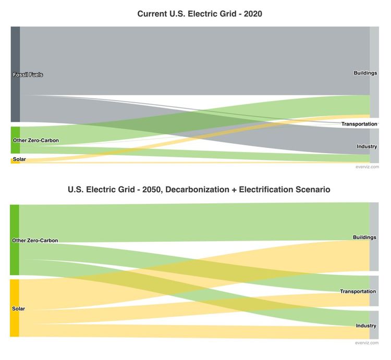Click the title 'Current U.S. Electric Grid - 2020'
pos(200,14)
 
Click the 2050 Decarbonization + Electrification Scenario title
pos(199,190)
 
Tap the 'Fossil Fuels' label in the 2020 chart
pos(28,75)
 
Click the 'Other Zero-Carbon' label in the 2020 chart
pos(35,141)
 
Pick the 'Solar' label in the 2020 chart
pos(19,159)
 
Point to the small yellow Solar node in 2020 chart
pos(15,160)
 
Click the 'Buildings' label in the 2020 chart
pos(365,73)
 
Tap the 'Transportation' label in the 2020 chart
pos(359,124)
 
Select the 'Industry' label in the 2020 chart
pos(366,146)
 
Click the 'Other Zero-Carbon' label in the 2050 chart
pos(34,241)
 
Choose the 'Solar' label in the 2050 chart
pos(18,309)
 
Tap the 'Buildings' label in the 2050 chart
pos(364,238)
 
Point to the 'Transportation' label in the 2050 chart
pos(358,291)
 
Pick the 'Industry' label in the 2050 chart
pos(366,326)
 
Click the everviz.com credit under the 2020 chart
pos(367,167)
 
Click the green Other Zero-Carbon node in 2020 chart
pos(15,140)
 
